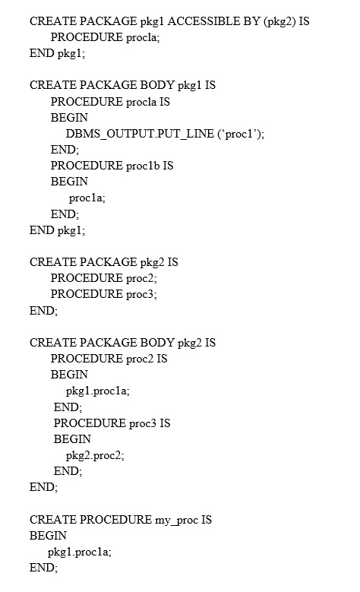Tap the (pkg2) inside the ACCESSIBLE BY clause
coord(279,21)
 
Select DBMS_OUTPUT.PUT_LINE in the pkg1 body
coord(140,134)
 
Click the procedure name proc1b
coord(143,166)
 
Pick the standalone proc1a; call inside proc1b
coord(87,198)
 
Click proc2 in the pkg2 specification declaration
coord(140,279)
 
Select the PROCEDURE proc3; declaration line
coord(104,294)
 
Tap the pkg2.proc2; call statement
coord(95,456)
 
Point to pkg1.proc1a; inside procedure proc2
coord(98,391)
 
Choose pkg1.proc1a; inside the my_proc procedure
coord(80,552)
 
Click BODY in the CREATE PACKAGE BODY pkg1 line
coord(157,85)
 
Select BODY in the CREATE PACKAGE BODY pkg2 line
coord(157,343)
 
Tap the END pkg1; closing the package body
coord(58,230)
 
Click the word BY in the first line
coord(251,21)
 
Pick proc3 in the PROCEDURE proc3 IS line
coord(143,423)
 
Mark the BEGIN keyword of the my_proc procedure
coord(49,536)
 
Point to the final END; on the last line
coord(44,568)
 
